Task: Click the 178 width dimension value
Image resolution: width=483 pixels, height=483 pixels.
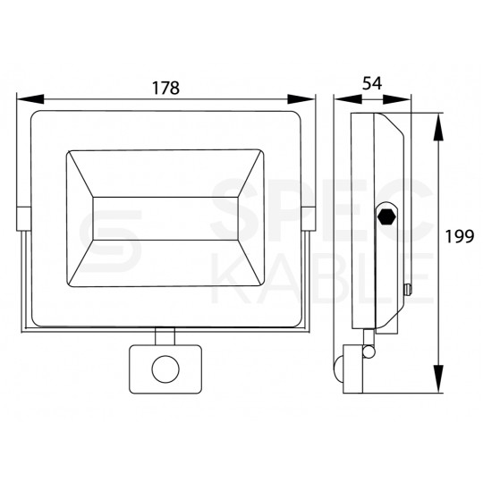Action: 165,88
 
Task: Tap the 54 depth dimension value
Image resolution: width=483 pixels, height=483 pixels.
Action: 372,83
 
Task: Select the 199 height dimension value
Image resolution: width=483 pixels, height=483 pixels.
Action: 460,236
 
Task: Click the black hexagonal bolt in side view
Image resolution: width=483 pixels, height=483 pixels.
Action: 387,216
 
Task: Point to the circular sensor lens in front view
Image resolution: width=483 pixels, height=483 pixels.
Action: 165,369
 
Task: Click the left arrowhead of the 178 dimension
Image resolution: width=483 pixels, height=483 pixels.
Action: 30,99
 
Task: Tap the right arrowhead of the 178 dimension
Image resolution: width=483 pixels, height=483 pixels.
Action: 301,99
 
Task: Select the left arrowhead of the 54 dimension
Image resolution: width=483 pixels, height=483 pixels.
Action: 348,99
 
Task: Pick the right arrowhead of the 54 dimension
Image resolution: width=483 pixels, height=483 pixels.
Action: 397,99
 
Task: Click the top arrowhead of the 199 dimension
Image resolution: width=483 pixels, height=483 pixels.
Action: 438,127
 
